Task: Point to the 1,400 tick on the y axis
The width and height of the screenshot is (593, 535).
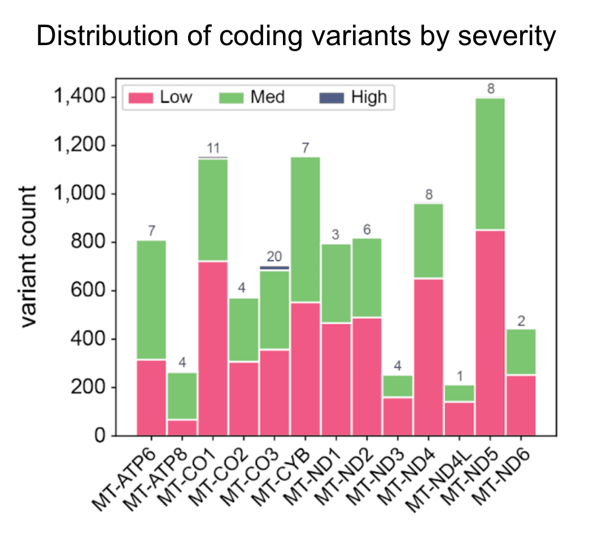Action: tap(79, 97)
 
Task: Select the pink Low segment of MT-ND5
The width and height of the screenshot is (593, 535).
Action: tap(490, 333)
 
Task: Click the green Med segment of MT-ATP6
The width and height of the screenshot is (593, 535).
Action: tap(151, 300)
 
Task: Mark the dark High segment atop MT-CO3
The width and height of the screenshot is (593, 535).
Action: tap(274, 268)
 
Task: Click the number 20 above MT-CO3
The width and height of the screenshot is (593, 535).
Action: tap(274, 257)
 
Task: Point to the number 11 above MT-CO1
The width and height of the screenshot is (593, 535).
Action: tap(213, 148)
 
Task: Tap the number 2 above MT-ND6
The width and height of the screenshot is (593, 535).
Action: tap(521, 321)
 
